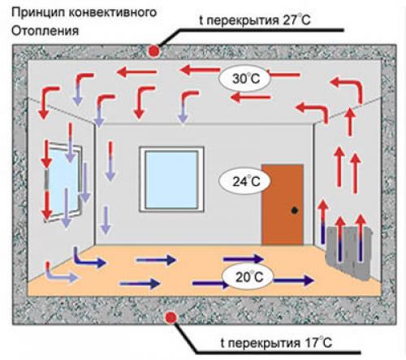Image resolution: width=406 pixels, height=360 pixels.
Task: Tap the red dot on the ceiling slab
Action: [153, 51]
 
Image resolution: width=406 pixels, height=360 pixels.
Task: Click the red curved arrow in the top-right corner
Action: [347, 89]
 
